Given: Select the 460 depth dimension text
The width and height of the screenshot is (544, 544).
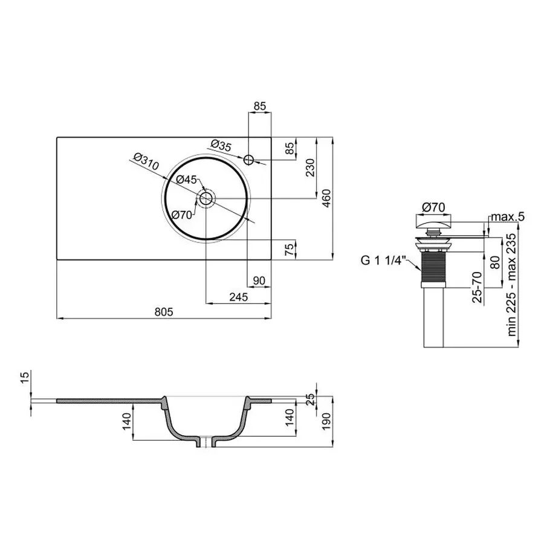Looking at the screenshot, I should coord(326,198).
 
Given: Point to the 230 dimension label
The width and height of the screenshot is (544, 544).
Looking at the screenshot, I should coord(309,167).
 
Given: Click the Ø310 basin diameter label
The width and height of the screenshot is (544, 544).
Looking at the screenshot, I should coord(144,162).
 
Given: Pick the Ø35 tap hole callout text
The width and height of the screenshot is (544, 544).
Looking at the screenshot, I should coord(222,145).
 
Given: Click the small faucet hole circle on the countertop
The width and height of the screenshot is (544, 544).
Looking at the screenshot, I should coord(249,160).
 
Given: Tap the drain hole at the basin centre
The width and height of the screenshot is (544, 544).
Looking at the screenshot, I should coord(206,198).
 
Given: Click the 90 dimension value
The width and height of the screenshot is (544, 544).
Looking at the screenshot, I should coord(259,280).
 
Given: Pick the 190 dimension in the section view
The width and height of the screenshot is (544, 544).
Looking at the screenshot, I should coord(326,422).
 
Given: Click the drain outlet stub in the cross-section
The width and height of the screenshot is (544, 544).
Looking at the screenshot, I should coord(206,442).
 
